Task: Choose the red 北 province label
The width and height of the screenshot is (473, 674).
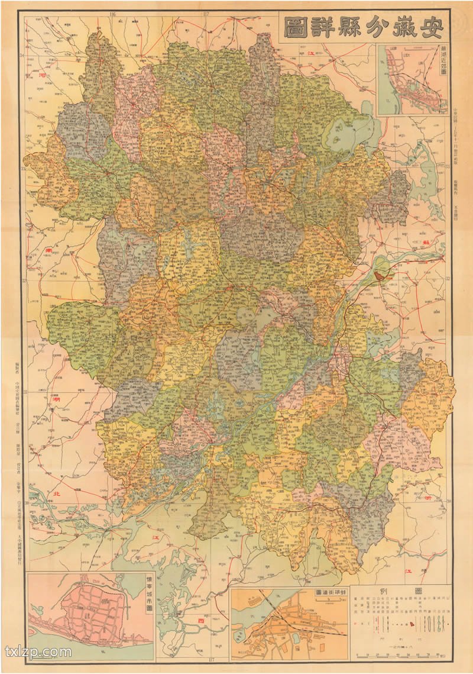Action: [x=57, y=493]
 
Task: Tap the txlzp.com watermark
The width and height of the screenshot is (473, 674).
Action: [x=38, y=652]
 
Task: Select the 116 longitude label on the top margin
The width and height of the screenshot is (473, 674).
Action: [x=112, y=13]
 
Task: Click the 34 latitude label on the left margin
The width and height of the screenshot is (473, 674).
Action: [x=22, y=56]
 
